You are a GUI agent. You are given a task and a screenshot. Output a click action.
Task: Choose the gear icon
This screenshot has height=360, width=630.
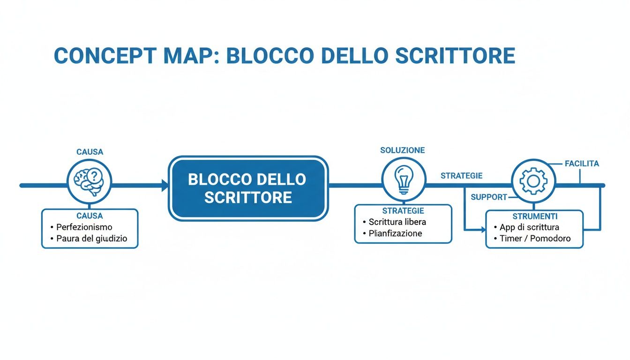(533, 181)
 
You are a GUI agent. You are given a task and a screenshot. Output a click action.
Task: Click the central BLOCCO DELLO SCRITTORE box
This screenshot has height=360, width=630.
(248, 188)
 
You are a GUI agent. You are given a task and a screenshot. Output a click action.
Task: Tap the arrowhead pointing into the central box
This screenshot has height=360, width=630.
(165, 186)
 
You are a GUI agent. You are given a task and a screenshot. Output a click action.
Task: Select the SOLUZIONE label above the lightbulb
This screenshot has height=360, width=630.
(402, 150)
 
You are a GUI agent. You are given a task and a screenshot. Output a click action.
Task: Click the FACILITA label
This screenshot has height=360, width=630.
(582, 164)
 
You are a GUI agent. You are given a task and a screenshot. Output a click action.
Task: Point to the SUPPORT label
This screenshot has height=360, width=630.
(488, 197)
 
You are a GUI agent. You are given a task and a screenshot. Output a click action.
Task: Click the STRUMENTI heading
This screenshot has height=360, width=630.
(535, 217)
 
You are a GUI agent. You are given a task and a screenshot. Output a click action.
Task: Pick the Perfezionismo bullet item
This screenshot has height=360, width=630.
(84, 227)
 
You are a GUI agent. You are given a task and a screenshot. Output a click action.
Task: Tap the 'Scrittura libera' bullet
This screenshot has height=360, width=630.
(397, 222)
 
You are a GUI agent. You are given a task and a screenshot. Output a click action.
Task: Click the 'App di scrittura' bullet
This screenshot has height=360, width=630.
(529, 227)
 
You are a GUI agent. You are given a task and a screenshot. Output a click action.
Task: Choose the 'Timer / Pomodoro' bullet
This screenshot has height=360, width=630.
(532, 239)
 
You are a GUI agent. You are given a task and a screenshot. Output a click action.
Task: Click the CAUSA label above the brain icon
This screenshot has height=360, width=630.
(90, 152)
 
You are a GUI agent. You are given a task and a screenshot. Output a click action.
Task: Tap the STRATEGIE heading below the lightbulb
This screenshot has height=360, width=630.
(403, 211)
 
